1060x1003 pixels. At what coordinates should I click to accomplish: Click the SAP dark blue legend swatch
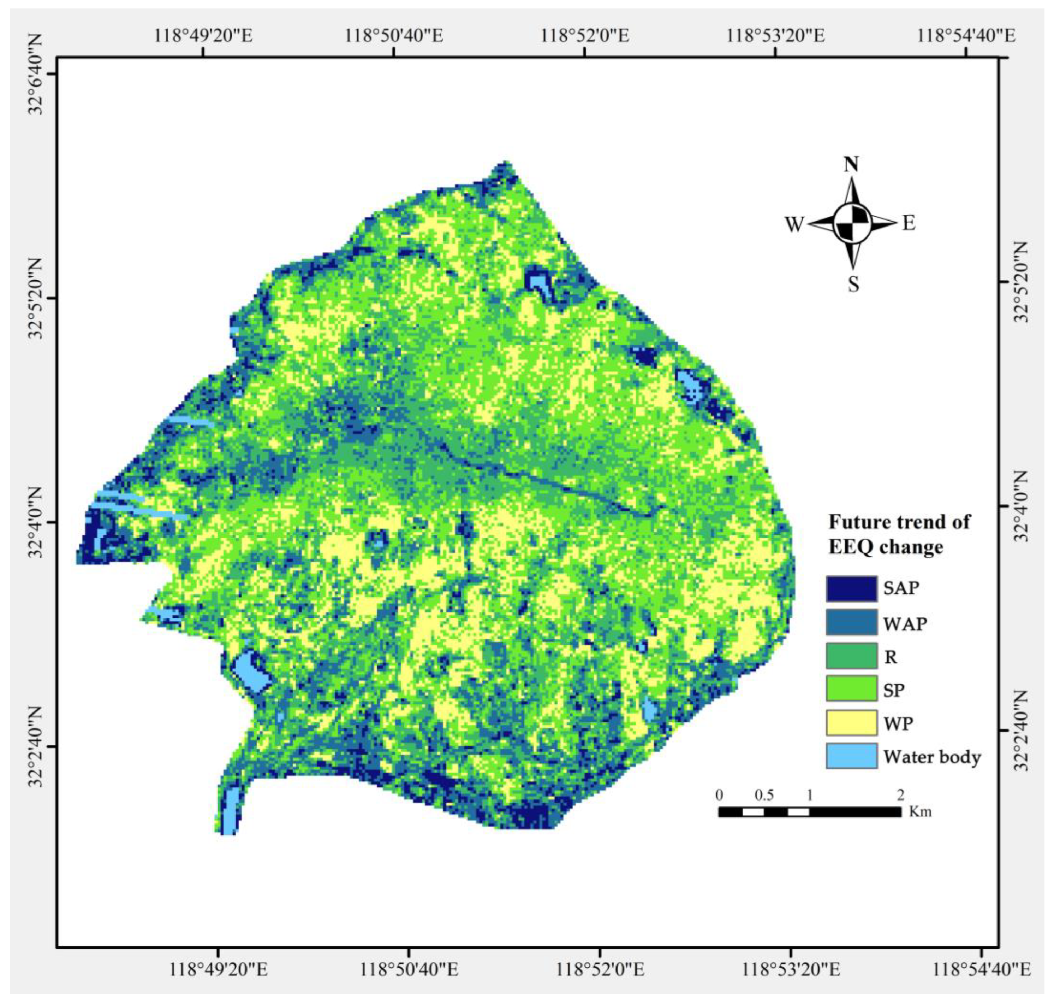(851, 589)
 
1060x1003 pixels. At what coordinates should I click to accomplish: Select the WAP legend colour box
(851, 622)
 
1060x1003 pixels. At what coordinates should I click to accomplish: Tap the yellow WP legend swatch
(851, 723)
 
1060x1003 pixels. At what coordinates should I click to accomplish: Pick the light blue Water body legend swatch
(851, 756)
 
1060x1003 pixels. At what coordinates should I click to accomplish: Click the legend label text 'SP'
(893, 690)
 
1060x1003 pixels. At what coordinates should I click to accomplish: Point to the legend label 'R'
(890, 657)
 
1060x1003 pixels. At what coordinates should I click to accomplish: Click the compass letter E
(909, 223)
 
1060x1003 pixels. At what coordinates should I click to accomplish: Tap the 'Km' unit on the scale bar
(920, 812)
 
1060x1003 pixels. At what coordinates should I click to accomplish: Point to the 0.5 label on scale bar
(764, 795)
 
